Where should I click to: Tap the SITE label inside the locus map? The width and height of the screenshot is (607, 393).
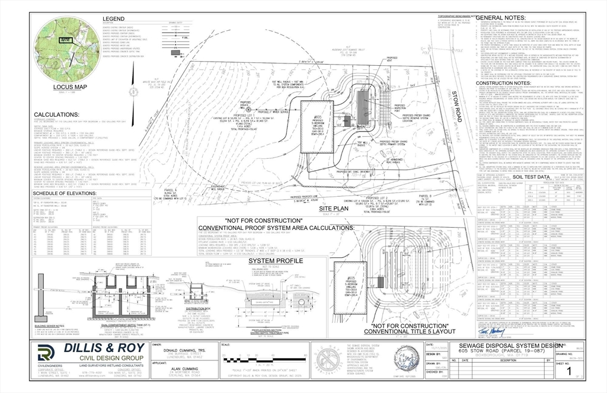(x=66, y=39)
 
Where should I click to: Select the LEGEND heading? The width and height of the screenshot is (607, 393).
(x=113, y=19)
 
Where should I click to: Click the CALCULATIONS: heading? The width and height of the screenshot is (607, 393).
(x=56, y=114)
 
